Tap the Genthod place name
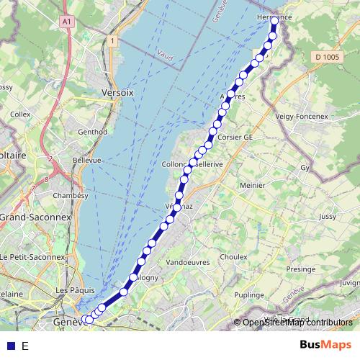(x=92, y=132)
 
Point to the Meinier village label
(x=252, y=185)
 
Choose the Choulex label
(x=234, y=257)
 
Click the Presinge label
(x=300, y=269)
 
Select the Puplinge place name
(x=249, y=295)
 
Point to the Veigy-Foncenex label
(x=302, y=115)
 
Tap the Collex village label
(x=20, y=114)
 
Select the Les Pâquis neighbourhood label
(x=72, y=291)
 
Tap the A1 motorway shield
(x=68, y=22)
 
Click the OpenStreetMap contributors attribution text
(x=297, y=323)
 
